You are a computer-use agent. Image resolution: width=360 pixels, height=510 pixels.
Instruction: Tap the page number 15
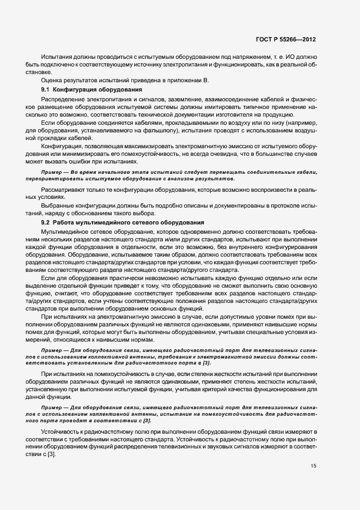coord(313,466)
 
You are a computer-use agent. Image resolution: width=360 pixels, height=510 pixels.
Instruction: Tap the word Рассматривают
coord(62,190)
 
